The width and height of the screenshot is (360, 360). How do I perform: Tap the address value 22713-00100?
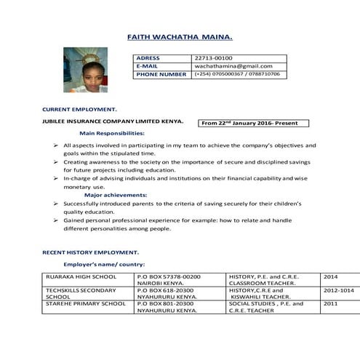[213, 57]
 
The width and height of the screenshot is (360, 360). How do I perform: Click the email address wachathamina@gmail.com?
[233, 66]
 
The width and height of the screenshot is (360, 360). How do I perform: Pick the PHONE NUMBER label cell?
[161, 74]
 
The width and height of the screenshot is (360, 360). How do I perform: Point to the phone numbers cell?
[237, 74]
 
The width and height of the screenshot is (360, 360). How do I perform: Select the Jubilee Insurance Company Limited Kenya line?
[113, 121]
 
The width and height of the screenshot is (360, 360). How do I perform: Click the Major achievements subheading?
[113, 196]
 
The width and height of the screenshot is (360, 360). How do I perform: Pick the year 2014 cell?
[331, 277]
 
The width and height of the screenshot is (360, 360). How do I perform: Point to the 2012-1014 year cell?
[338, 289]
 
